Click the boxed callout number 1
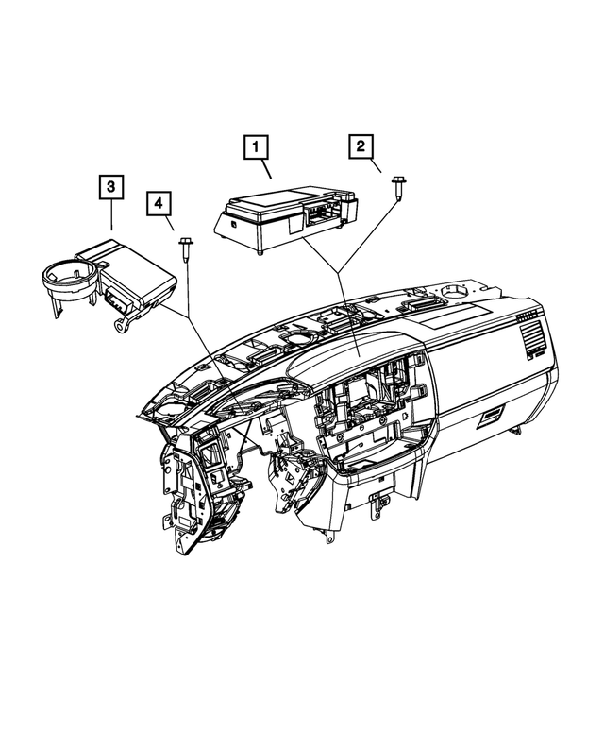point(255,147)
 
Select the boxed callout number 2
point(361,146)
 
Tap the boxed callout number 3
point(111,188)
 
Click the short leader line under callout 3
point(112,219)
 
